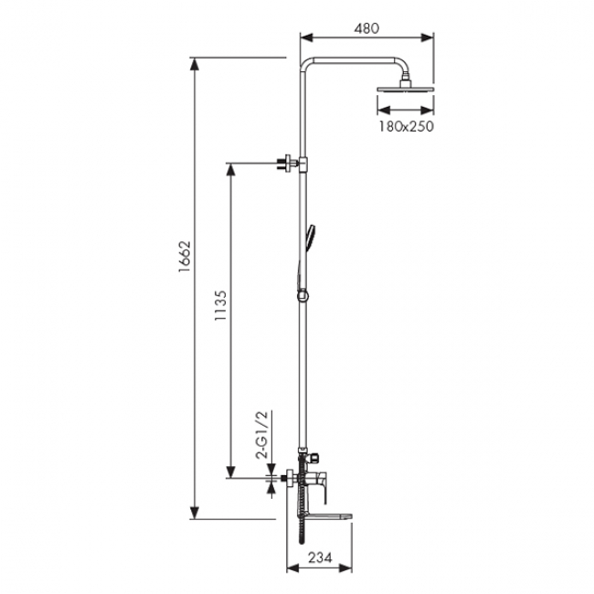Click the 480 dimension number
tap(366, 28)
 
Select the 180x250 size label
tap(406, 126)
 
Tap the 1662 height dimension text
tap(185, 257)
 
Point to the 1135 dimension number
tap(221, 305)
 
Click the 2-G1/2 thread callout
tap(261, 434)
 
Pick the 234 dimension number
tap(320, 557)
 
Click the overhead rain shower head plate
tap(405, 90)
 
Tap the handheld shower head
tap(311, 237)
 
